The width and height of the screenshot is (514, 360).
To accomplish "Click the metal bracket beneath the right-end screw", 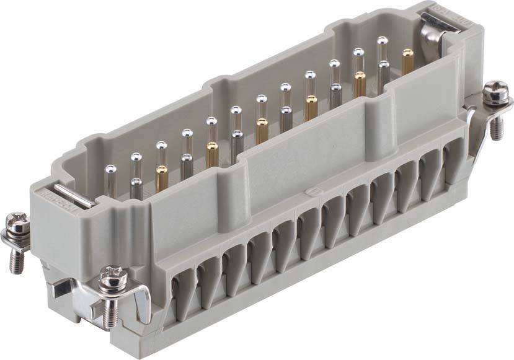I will click(x=476, y=133).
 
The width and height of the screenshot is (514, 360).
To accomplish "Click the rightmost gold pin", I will click(x=407, y=62).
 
